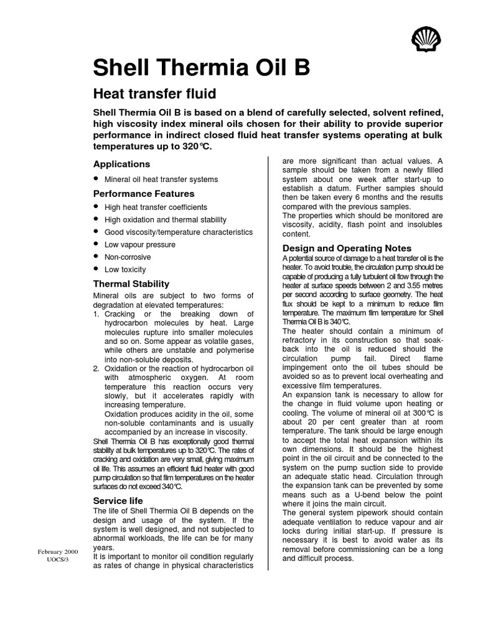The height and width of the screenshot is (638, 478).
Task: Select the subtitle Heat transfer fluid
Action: tap(154, 94)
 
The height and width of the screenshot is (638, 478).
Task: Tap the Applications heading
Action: tap(121, 164)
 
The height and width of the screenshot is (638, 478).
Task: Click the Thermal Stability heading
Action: tap(131, 283)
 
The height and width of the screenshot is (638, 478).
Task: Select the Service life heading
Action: tap(118, 500)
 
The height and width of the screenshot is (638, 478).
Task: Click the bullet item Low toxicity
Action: tap(125, 270)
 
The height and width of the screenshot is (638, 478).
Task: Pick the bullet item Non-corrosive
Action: tap(128, 257)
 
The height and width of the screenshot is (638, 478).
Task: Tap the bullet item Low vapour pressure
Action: tap(140, 245)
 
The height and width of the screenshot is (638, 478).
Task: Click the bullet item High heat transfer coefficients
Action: tap(156, 207)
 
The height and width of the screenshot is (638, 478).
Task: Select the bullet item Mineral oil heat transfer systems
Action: tap(161, 179)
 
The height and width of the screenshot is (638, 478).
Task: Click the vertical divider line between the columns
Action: tap(268, 361)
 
